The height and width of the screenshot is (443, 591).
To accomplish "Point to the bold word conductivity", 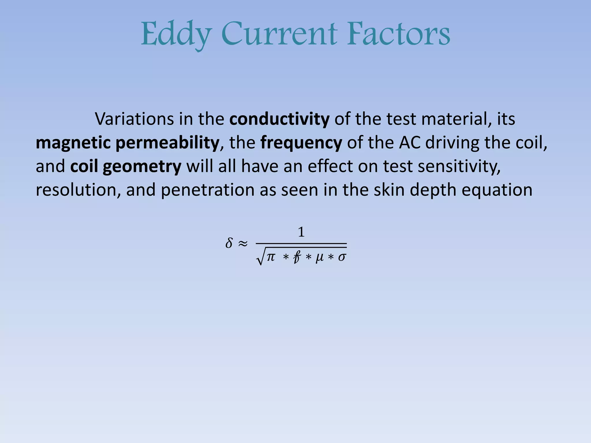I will click(x=279, y=119).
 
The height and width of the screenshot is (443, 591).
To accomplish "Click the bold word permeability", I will click(x=167, y=143).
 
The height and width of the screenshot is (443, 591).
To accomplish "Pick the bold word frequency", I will click(x=301, y=143).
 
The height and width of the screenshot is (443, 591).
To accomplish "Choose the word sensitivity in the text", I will click(x=459, y=166).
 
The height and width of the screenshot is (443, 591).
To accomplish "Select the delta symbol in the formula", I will click(x=229, y=243).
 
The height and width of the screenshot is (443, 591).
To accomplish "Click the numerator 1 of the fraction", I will click(x=301, y=232).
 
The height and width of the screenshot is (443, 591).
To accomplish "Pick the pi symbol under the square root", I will click(x=271, y=256).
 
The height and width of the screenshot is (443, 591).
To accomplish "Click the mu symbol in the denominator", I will click(x=319, y=257).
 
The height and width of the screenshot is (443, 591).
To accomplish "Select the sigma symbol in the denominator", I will click(x=342, y=257).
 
